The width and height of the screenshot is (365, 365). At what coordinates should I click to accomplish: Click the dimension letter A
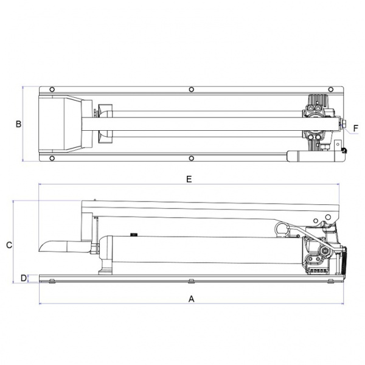coord(191,299)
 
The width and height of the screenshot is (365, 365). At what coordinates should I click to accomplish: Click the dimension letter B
coord(18,124)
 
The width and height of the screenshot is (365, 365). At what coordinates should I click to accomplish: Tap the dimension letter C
coord(9,245)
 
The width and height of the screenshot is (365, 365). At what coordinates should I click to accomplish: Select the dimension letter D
coord(24,278)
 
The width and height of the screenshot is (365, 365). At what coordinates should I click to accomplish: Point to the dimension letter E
coord(189,179)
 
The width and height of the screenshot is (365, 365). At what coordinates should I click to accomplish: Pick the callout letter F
coord(355,128)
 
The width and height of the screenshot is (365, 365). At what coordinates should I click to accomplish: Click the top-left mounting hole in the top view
coord(52,89)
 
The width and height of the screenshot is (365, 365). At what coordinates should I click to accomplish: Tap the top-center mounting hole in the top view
coord(192,89)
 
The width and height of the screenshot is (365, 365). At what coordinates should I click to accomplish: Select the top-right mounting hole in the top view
coord(330,89)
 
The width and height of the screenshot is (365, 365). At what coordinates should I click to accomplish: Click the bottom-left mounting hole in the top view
coord(52,158)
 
